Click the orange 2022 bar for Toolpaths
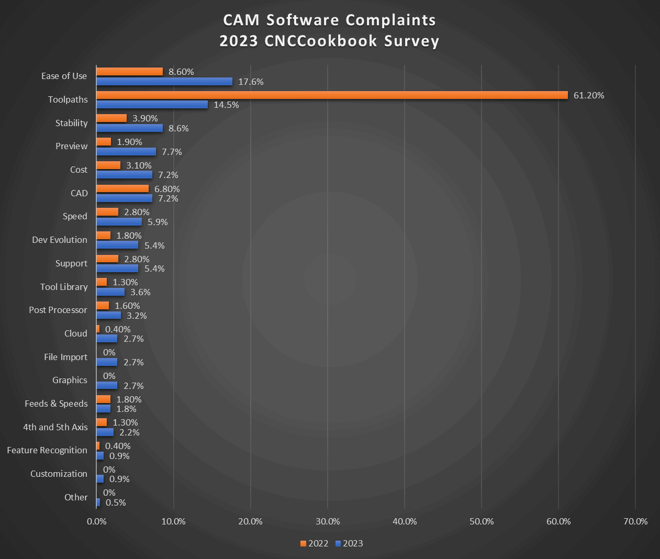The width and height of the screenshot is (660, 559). (x=332, y=95)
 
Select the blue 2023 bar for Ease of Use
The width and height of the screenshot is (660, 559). (x=164, y=82)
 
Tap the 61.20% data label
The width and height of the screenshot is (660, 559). (x=589, y=95)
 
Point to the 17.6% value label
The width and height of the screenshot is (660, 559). (x=251, y=82)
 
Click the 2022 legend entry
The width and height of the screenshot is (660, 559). (x=315, y=543)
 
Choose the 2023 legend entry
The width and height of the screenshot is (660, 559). (x=349, y=543)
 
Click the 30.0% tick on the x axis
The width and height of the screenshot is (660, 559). (x=328, y=521)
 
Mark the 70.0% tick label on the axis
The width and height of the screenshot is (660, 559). (x=635, y=521)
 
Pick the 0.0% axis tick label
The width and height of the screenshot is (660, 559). (x=96, y=521)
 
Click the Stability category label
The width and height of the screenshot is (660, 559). (x=71, y=123)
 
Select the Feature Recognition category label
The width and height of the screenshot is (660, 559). (x=47, y=450)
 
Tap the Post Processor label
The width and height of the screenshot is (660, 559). (x=58, y=310)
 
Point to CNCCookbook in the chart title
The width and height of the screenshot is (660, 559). (x=321, y=41)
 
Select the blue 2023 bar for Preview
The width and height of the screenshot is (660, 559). (x=126, y=152)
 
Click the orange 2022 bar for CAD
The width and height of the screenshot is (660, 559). (x=122, y=189)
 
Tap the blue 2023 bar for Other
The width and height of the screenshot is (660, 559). (x=98, y=502)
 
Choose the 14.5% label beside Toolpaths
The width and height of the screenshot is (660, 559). (x=226, y=105)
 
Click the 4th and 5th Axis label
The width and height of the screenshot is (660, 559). (x=55, y=427)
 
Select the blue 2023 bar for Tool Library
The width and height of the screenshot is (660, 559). (x=110, y=292)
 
